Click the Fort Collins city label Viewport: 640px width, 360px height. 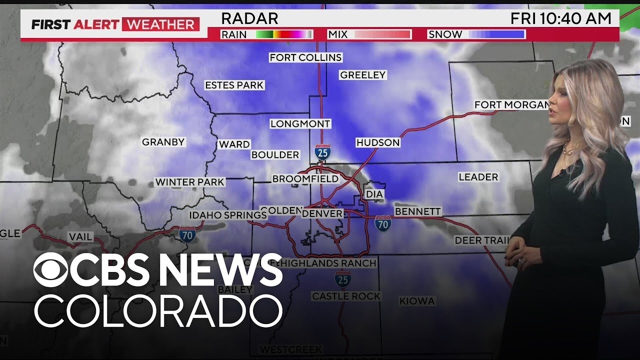coord(305,57)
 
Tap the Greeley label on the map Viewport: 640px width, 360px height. coord(362,75)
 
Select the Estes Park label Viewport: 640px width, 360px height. coord(234,85)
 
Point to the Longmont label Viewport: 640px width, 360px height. coord(300,123)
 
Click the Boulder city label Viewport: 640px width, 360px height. coord(275,155)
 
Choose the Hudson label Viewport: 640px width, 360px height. coord(377,142)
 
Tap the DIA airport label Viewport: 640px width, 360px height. coord(374,194)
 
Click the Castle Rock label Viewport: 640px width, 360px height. coord(346,296)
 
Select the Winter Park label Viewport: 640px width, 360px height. coord(189,182)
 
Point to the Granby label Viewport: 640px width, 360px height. coord(163,142)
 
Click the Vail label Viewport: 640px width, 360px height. coord(80,236)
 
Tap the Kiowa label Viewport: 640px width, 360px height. coord(416,301)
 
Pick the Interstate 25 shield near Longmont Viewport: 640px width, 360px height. coord(322,152)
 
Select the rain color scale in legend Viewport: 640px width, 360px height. coord(284,34)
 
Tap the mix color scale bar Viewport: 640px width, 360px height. coord(382,34)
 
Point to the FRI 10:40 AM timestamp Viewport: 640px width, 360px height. coord(560,19)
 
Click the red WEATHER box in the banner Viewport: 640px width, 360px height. coord(160,24)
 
